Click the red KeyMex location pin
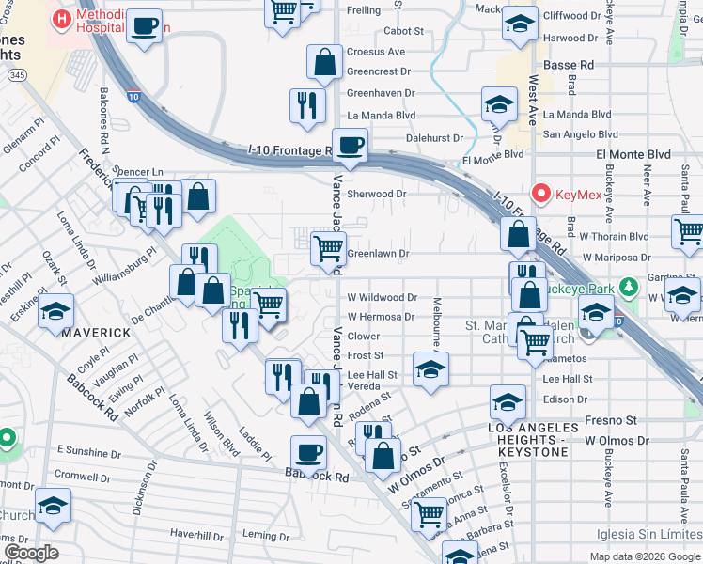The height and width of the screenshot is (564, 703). point(540,194)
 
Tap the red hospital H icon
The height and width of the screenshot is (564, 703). point(62,18)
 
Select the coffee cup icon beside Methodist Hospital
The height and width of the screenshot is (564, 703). point(144,25)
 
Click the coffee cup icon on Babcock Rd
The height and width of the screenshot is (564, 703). point(308,454)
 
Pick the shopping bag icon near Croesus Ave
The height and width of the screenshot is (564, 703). point(324,62)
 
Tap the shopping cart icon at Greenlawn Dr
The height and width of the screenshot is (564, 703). point(328,248)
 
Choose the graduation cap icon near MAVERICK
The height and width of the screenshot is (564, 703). point(56,310)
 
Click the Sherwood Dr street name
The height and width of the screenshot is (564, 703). point(376,194)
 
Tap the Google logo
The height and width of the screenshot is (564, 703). point(31,552)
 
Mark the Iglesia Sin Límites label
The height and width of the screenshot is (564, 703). point(648,536)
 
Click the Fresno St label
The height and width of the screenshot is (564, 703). point(590,419)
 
